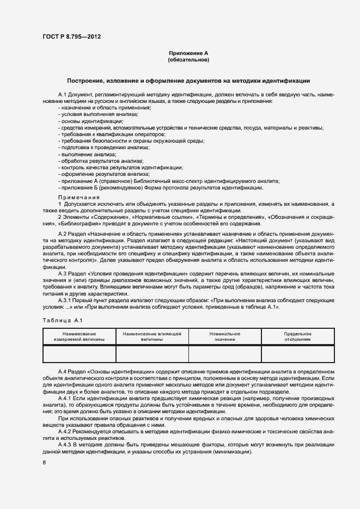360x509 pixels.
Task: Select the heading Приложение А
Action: tap(188, 53)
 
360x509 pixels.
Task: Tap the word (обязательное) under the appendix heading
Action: tap(188, 60)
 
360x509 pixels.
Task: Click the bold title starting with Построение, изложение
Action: tap(188, 81)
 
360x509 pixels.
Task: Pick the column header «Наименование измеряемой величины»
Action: tap(79, 336)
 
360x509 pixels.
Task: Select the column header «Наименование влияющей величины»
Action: tap(152, 336)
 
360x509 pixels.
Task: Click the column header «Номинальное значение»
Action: tap(224, 336)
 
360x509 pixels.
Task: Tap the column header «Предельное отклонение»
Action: tap(297, 336)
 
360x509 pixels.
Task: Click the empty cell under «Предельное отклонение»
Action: tap(297, 353)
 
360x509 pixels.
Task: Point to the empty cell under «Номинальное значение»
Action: tap(224, 353)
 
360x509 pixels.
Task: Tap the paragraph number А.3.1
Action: tap(66, 300)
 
